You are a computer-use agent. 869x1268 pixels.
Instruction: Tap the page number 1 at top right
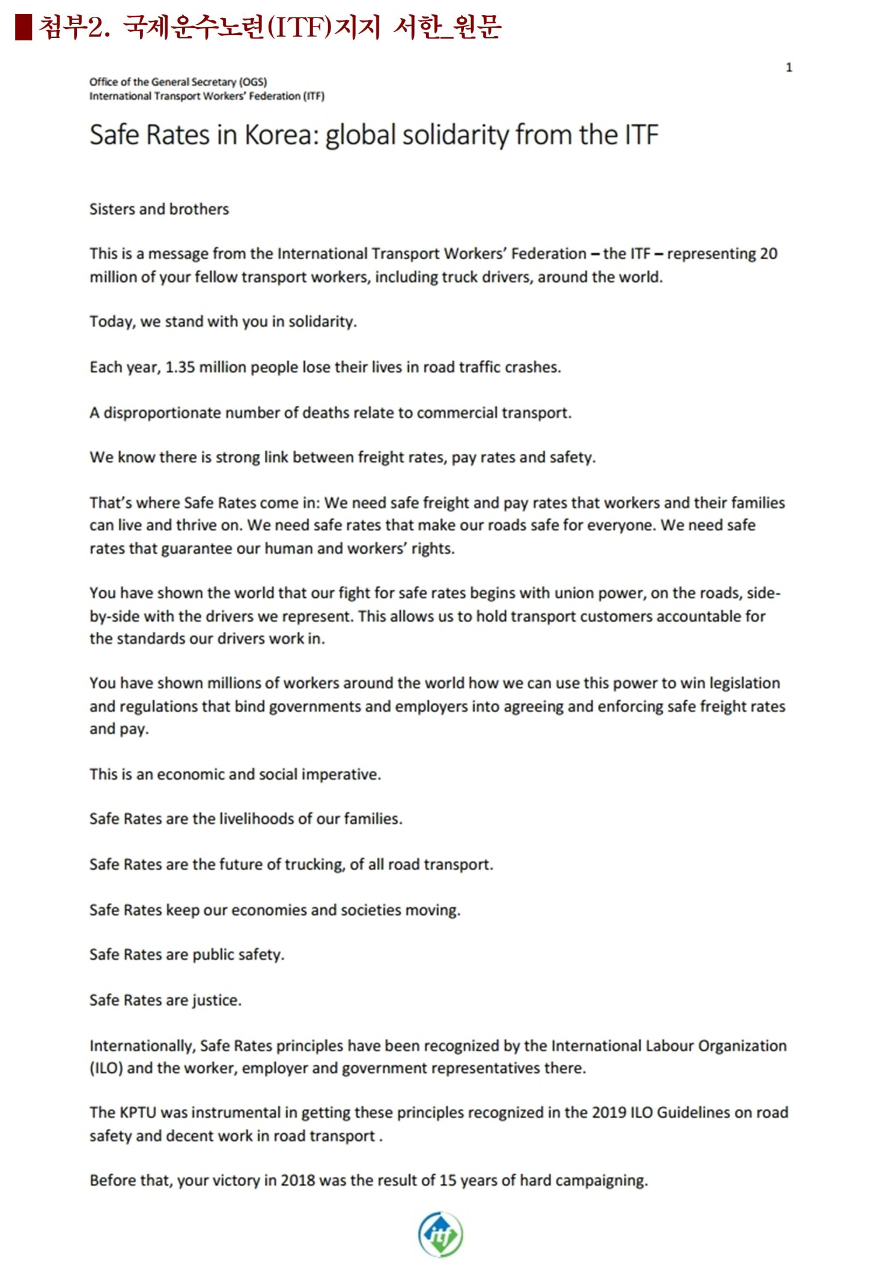click(x=788, y=68)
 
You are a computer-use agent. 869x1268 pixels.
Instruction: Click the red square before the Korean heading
click(x=23, y=28)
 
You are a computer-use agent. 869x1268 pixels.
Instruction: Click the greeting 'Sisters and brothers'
click(x=159, y=209)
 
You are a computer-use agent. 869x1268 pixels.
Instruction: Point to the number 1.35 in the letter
click(x=180, y=367)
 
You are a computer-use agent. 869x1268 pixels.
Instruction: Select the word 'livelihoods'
click(x=257, y=819)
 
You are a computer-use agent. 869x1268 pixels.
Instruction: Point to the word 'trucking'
click(x=314, y=865)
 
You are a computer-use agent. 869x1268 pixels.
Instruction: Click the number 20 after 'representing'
click(x=768, y=254)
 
